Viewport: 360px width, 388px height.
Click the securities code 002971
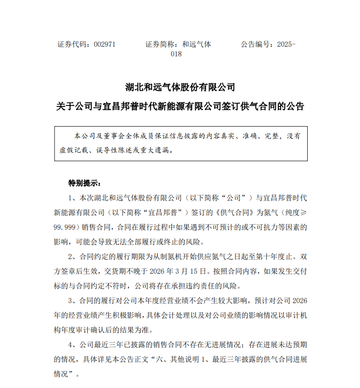pos(105,44)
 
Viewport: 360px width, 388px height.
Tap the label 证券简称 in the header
pos(160,44)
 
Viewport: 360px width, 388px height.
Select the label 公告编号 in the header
pos(255,44)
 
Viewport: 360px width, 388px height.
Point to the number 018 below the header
pos(176,54)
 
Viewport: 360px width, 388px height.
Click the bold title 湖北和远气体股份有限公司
pos(180,87)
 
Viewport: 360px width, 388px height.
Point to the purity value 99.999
pos(66,227)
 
